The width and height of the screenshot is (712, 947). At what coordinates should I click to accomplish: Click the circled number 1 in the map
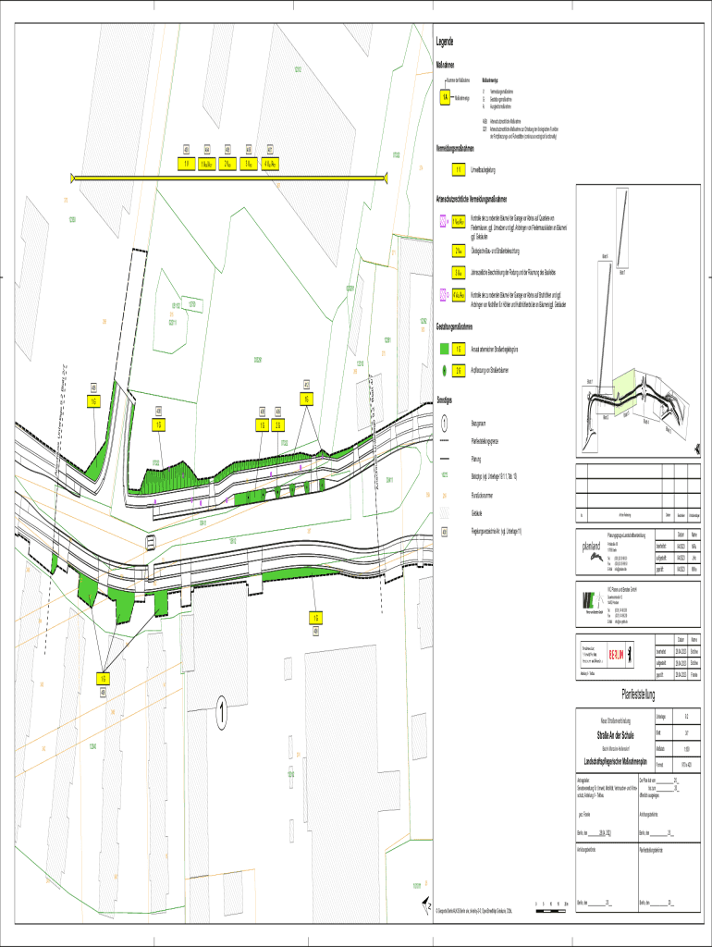tap(222, 713)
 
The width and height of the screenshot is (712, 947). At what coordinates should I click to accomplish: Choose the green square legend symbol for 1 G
tap(444, 350)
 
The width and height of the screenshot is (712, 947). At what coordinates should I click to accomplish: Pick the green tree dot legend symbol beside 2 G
tap(444, 369)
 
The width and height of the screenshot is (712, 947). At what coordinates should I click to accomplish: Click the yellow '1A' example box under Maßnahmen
tap(445, 96)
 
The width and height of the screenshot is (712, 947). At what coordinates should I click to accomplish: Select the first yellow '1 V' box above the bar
tap(186, 165)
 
